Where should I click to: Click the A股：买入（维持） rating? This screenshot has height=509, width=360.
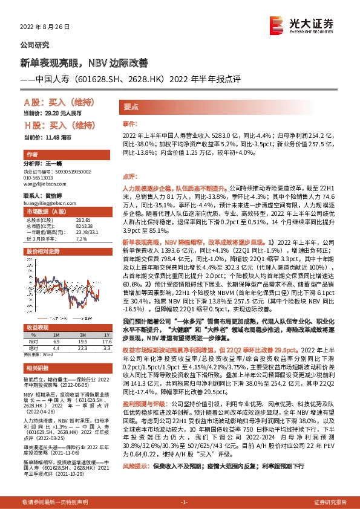pyautogui.click(x=54, y=102)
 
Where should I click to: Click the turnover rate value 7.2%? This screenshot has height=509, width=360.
pyautogui.click(x=80, y=239)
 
